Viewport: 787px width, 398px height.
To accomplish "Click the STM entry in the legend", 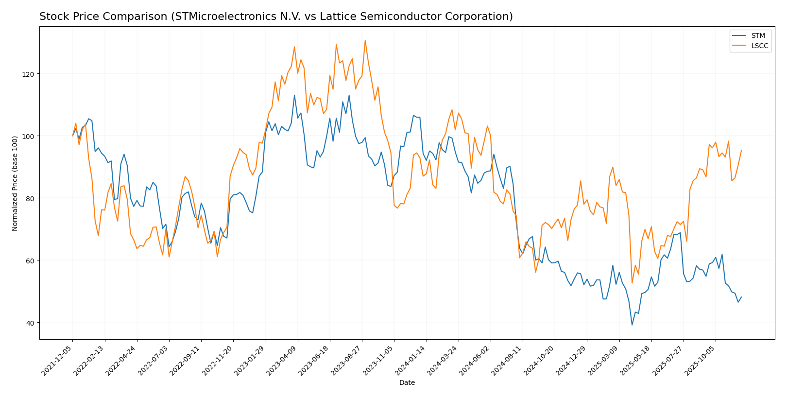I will click(758, 35).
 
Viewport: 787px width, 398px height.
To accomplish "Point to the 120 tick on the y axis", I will click(28, 74).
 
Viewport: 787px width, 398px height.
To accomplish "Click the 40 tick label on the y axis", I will click(30, 323).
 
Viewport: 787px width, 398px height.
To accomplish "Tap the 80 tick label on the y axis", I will click(30, 198).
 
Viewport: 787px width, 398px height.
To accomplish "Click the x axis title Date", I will click(407, 383).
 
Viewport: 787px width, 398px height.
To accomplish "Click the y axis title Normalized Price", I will click(15, 183).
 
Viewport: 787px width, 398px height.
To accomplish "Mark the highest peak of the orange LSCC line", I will click(365, 40).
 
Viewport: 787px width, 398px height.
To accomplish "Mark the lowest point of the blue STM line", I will click(632, 325).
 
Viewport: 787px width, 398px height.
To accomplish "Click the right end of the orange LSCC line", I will click(741, 150).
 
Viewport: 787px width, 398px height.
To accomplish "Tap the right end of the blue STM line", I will click(741, 297).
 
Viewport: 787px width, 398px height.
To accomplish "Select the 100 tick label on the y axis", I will click(28, 136).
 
